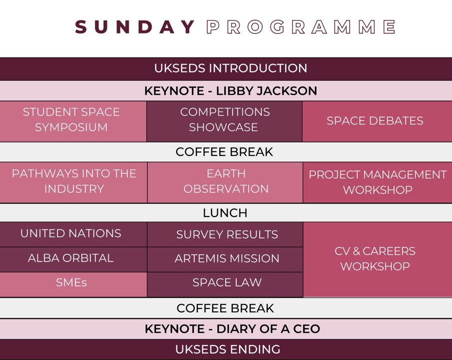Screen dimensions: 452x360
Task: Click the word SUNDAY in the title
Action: pyautogui.click(x=135, y=27)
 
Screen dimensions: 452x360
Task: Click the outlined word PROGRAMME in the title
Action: pyautogui.click(x=301, y=27)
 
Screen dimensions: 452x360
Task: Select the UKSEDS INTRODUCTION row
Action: pyautogui.click(x=226, y=69)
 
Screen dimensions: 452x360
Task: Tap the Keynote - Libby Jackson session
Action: pyautogui.click(x=226, y=91)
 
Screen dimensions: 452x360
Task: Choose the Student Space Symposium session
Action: pyautogui.click(x=73, y=121)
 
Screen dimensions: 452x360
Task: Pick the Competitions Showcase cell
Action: pyautogui.click(x=225, y=121)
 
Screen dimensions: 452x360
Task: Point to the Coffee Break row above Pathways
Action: pyautogui.click(x=226, y=152)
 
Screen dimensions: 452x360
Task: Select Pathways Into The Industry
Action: pyautogui.click(x=73, y=182)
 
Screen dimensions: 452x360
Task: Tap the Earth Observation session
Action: pyautogui.click(x=225, y=182)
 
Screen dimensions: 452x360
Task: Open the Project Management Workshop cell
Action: pyautogui.click(x=378, y=182)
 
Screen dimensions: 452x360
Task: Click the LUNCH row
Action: pyautogui.click(x=226, y=213)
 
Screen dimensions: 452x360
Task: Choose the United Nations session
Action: pyautogui.click(x=73, y=234)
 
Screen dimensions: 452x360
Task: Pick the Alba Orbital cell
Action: pyautogui.click(x=73, y=259)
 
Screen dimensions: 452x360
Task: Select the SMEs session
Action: pyautogui.click(x=73, y=284)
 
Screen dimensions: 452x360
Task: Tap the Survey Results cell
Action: pyautogui.click(x=225, y=234)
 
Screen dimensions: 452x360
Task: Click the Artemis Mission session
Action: pyautogui.click(x=225, y=259)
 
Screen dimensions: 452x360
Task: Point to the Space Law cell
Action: pyautogui.click(x=225, y=284)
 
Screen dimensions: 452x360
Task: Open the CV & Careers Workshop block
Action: pyautogui.click(x=378, y=259)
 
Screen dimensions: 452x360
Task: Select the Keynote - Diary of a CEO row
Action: pyautogui.click(x=226, y=329)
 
